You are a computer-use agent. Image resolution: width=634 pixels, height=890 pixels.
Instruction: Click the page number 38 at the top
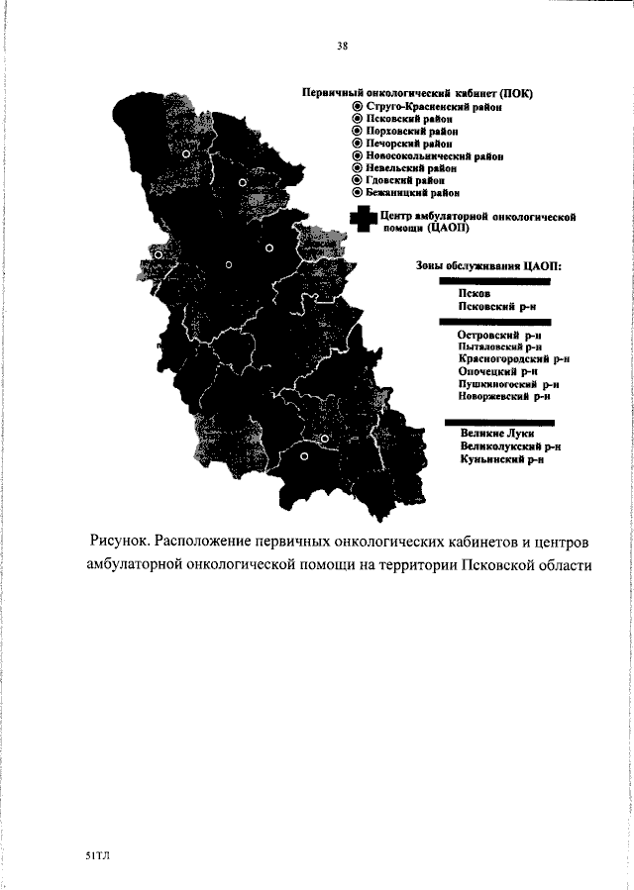click(342, 46)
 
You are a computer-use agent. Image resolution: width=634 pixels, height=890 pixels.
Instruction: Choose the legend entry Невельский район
click(411, 168)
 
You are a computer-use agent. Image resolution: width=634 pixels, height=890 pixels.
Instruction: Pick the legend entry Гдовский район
click(405, 181)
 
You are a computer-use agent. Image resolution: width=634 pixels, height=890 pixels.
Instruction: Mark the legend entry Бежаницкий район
click(413, 194)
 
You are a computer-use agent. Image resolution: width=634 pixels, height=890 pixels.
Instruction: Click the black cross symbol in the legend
click(362, 221)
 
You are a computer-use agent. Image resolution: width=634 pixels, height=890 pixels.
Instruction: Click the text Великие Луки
click(496, 434)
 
